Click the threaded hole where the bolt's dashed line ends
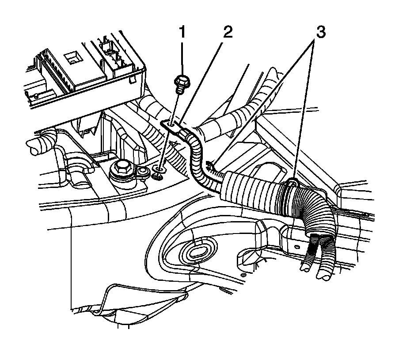(x=160, y=169)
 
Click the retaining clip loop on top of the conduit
(x=292, y=182)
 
